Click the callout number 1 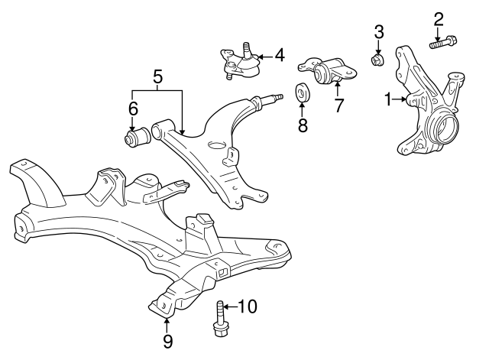388,99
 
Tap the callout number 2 439,18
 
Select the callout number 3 378,32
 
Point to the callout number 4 279,55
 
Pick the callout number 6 133,109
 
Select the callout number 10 248,307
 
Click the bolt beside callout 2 443,43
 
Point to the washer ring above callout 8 303,92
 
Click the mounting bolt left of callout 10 219,319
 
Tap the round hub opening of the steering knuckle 445,125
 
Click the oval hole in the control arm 217,145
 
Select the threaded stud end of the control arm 276,97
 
